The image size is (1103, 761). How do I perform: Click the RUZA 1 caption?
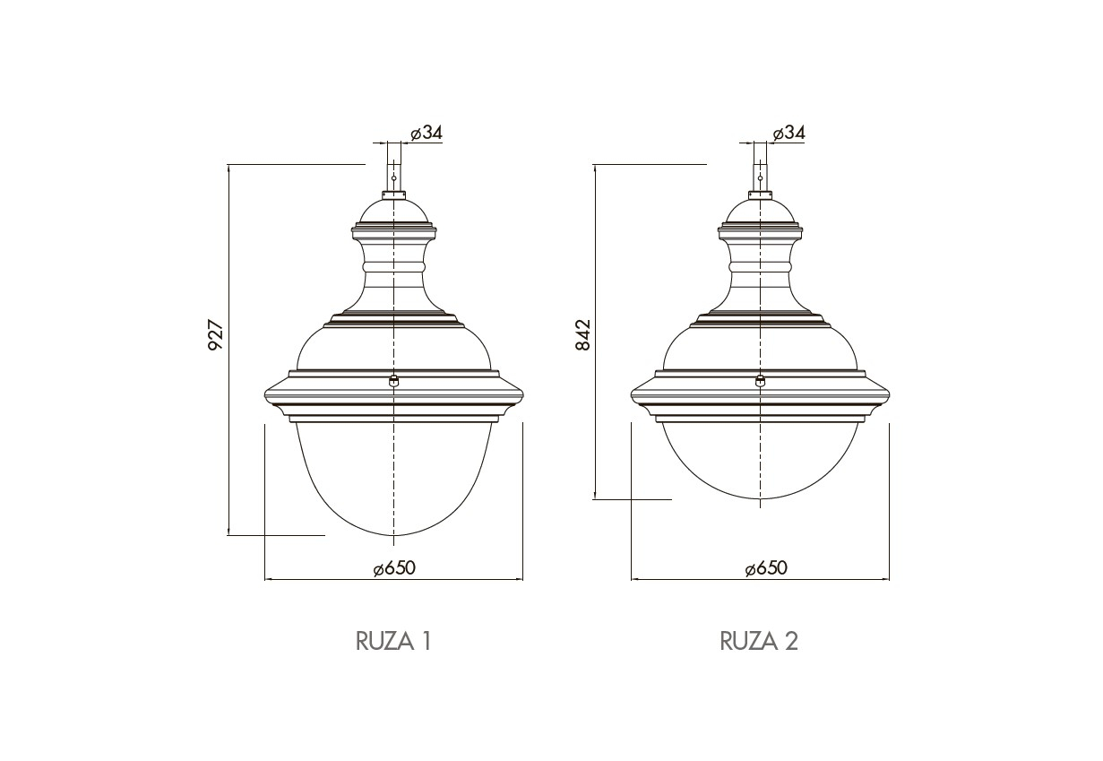pyautogui.click(x=393, y=641)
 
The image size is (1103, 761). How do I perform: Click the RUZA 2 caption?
pyautogui.click(x=759, y=641)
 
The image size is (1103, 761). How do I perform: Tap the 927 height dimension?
pyautogui.click(x=216, y=336)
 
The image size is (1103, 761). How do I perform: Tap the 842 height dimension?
pyautogui.click(x=582, y=335)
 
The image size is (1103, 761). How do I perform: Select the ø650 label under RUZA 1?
pyautogui.click(x=394, y=568)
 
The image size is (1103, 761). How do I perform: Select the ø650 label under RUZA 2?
pyautogui.click(x=766, y=568)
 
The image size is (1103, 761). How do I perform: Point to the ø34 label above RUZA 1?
pyautogui.click(x=427, y=133)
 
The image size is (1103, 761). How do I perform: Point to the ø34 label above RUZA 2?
pyautogui.click(x=788, y=133)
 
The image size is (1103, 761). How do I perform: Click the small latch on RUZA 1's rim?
pyautogui.click(x=393, y=380)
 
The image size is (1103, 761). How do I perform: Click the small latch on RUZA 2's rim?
pyautogui.click(x=761, y=380)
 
